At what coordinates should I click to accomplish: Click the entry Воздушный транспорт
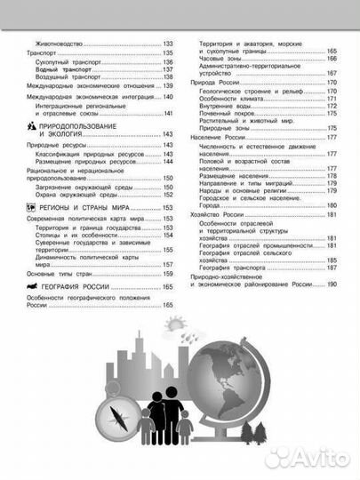click(65, 77)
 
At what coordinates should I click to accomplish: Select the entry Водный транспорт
click(61, 69)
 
